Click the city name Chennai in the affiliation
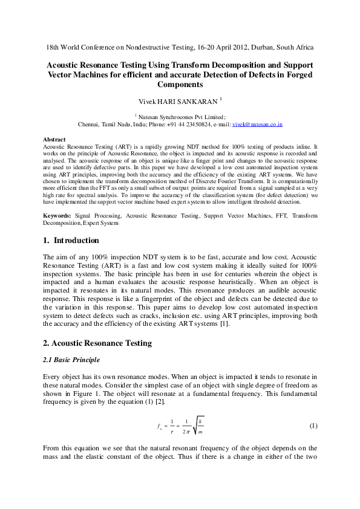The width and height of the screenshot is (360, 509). point(91,125)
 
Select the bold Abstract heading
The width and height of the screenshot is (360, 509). point(55,140)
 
